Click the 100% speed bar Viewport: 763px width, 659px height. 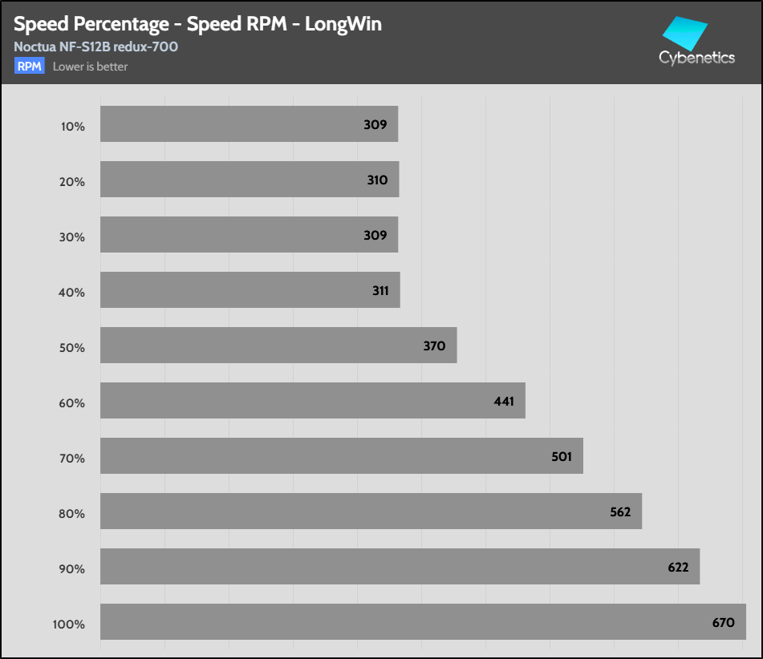click(x=423, y=621)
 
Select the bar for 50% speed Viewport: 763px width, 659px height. click(x=278, y=345)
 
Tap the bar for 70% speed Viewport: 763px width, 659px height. click(x=341, y=455)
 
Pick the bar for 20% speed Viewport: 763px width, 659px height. click(x=250, y=179)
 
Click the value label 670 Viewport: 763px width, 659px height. click(x=723, y=622)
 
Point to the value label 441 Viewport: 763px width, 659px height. click(x=504, y=401)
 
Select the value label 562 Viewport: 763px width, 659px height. click(x=620, y=511)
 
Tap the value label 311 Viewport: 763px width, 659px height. click(x=379, y=290)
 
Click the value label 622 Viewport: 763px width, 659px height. click(x=678, y=567)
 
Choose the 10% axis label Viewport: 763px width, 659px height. click(x=72, y=126)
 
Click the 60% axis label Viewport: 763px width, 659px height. click(x=71, y=402)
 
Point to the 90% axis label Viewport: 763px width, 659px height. click(x=71, y=568)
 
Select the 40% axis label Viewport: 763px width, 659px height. click(x=71, y=292)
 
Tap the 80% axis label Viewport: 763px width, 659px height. click(x=71, y=513)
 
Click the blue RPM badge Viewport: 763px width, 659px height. click(x=29, y=67)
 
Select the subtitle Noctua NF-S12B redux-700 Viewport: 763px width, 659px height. click(x=95, y=46)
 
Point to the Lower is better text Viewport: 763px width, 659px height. click(x=90, y=67)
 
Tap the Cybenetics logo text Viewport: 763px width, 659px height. click(x=696, y=58)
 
